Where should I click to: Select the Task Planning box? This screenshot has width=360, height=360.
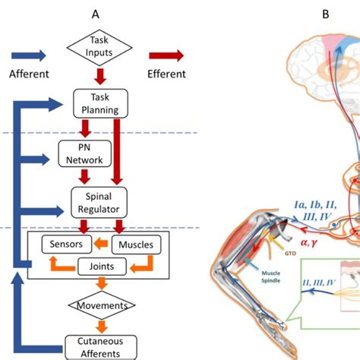96,103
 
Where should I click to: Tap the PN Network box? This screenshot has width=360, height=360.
84,153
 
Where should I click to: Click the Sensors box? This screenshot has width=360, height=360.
67,244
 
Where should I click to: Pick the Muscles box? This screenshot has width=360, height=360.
137,244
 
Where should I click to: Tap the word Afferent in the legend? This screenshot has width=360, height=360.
28,74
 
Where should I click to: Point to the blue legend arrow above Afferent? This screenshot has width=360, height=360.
28,55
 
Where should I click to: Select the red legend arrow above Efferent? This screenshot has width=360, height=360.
166,55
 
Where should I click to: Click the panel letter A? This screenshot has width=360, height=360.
96,14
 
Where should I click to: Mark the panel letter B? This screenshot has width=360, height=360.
325,14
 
